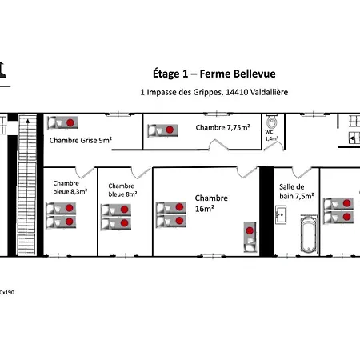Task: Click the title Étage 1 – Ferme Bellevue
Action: pos(214,74)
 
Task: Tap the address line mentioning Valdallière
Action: pos(214,92)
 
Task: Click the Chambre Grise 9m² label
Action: pos(81,140)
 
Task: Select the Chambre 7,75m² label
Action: pos(222,127)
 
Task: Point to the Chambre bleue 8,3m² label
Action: pos(70,187)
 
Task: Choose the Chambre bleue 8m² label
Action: pos(122,190)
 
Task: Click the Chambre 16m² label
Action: pos(211,203)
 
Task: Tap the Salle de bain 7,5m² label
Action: pos(297,191)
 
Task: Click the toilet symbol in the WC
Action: pos(272,122)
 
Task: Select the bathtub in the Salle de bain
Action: pos(309,234)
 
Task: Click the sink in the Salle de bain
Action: pos(281,214)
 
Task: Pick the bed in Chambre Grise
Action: pos(62,122)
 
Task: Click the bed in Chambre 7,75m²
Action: pos(162,130)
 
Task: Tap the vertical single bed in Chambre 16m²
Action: pos(250,237)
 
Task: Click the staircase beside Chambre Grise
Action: pos(27,185)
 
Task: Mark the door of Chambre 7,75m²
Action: pos(218,145)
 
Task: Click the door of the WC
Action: pos(274,146)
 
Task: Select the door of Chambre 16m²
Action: pos(247,173)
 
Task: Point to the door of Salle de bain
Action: pos(302,173)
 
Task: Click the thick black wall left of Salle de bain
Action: pos(266,212)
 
